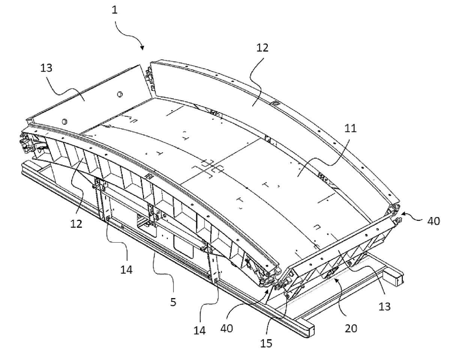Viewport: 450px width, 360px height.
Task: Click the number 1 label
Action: [115, 10]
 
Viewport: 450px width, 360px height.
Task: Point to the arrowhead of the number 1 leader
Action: [142, 48]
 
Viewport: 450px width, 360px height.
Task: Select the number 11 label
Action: [350, 128]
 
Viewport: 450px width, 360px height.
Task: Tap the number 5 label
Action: [173, 302]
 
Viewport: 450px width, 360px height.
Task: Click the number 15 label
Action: [266, 343]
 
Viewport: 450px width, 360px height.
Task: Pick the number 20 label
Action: [351, 328]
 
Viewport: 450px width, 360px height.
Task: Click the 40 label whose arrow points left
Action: [433, 221]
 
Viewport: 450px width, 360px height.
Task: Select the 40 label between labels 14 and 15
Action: [226, 328]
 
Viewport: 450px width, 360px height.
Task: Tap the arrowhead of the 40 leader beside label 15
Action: [268, 291]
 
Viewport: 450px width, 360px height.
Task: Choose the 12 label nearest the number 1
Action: [262, 48]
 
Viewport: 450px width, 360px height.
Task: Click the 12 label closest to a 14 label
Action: [76, 224]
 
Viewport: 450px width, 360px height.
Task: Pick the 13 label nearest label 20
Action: [384, 306]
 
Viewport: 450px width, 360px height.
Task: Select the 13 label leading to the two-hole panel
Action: [46, 68]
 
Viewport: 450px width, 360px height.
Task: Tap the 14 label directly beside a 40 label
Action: [199, 331]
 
